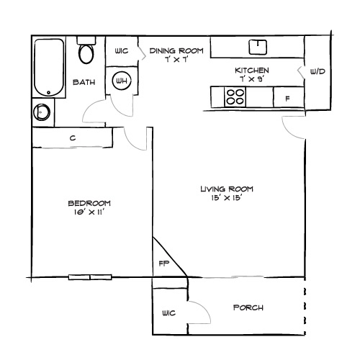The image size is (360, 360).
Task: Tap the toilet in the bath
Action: coord(86,52)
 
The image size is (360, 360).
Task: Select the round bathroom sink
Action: coord(42,112)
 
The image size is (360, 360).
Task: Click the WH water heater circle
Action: coord(121,81)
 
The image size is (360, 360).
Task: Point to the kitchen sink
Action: coord(257,48)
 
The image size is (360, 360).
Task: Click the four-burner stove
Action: coord(235,97)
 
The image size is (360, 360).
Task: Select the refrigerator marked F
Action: coord(287,97)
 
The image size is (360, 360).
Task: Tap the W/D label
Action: coord(317,72)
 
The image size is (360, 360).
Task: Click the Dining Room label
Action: coord(177,55)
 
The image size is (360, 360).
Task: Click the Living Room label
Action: coord(227,193)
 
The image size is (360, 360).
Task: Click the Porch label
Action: coord(248,308)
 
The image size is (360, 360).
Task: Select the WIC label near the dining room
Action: coord(121,51)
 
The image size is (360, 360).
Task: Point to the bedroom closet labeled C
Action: coord(73,137)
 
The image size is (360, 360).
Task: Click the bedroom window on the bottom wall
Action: coord(90,277)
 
